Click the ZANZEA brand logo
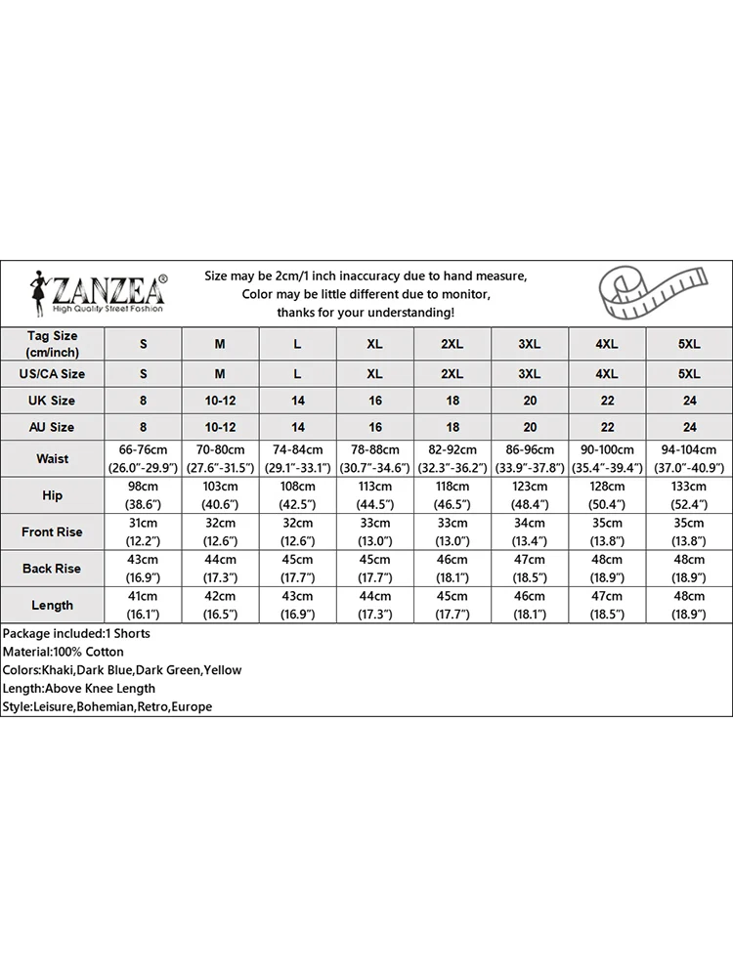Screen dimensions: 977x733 coord(98,292)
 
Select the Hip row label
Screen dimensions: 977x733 coord(53,495)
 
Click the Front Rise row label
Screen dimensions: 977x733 coord(53,532)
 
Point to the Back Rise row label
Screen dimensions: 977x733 coord(53,569)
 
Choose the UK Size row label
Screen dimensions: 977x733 coord(53,401)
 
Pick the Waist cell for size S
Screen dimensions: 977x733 coord(144,458)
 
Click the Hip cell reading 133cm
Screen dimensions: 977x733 coord(689,495)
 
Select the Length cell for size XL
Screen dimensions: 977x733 coord(374,606)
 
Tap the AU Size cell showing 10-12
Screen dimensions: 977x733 coord(220,427)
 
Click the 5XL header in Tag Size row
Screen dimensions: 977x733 coord(689,344)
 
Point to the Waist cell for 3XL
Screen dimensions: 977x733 coord(530,458)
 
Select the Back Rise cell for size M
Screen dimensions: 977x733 coord(220,569)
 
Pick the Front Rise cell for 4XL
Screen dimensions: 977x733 coord(607,532)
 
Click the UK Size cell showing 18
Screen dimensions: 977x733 coord(452,401)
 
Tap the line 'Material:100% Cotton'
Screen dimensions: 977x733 coord(64,652)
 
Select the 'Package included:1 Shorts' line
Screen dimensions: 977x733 coord(76,633)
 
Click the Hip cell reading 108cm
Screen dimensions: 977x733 coord(297,495)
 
